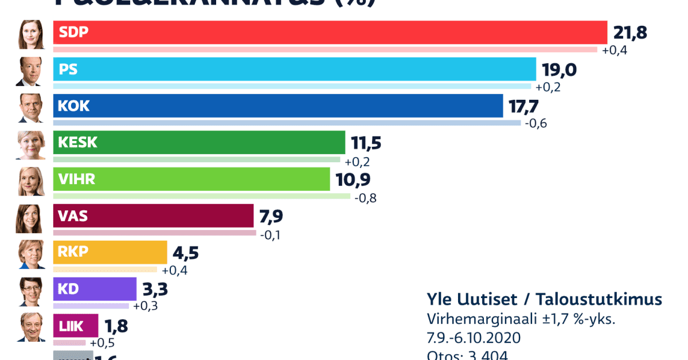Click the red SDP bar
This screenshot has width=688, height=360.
pos(330,33)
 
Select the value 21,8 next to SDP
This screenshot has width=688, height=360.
pos(630,33)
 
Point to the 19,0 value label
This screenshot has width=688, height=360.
pos(559,69)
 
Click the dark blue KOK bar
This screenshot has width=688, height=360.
pos(278,105)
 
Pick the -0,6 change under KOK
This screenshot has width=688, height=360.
pos(535,124)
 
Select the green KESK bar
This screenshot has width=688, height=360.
pos(199,142)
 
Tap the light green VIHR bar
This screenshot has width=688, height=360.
pos(191,179)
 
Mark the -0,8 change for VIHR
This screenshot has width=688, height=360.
pos(365,198)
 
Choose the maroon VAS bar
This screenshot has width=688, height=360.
pos(153,216)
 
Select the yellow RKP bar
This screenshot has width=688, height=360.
pos(110,252)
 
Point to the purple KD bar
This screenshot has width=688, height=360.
pos(95,289)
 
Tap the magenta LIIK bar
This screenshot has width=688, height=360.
pos(76,326)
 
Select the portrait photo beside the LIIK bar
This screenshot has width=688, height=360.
pos(30,327)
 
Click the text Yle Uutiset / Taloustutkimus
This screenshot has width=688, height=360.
pos(544,299)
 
